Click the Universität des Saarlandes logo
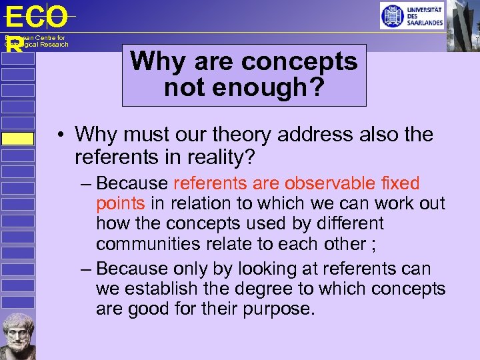pyautogui.click(x=411, y=15)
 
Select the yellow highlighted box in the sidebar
pyautogui.click(x=17, y=138)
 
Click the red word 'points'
pyautogui.click(x=121, y=203)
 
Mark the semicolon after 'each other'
pyautogui.click(x=373, y=243)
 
